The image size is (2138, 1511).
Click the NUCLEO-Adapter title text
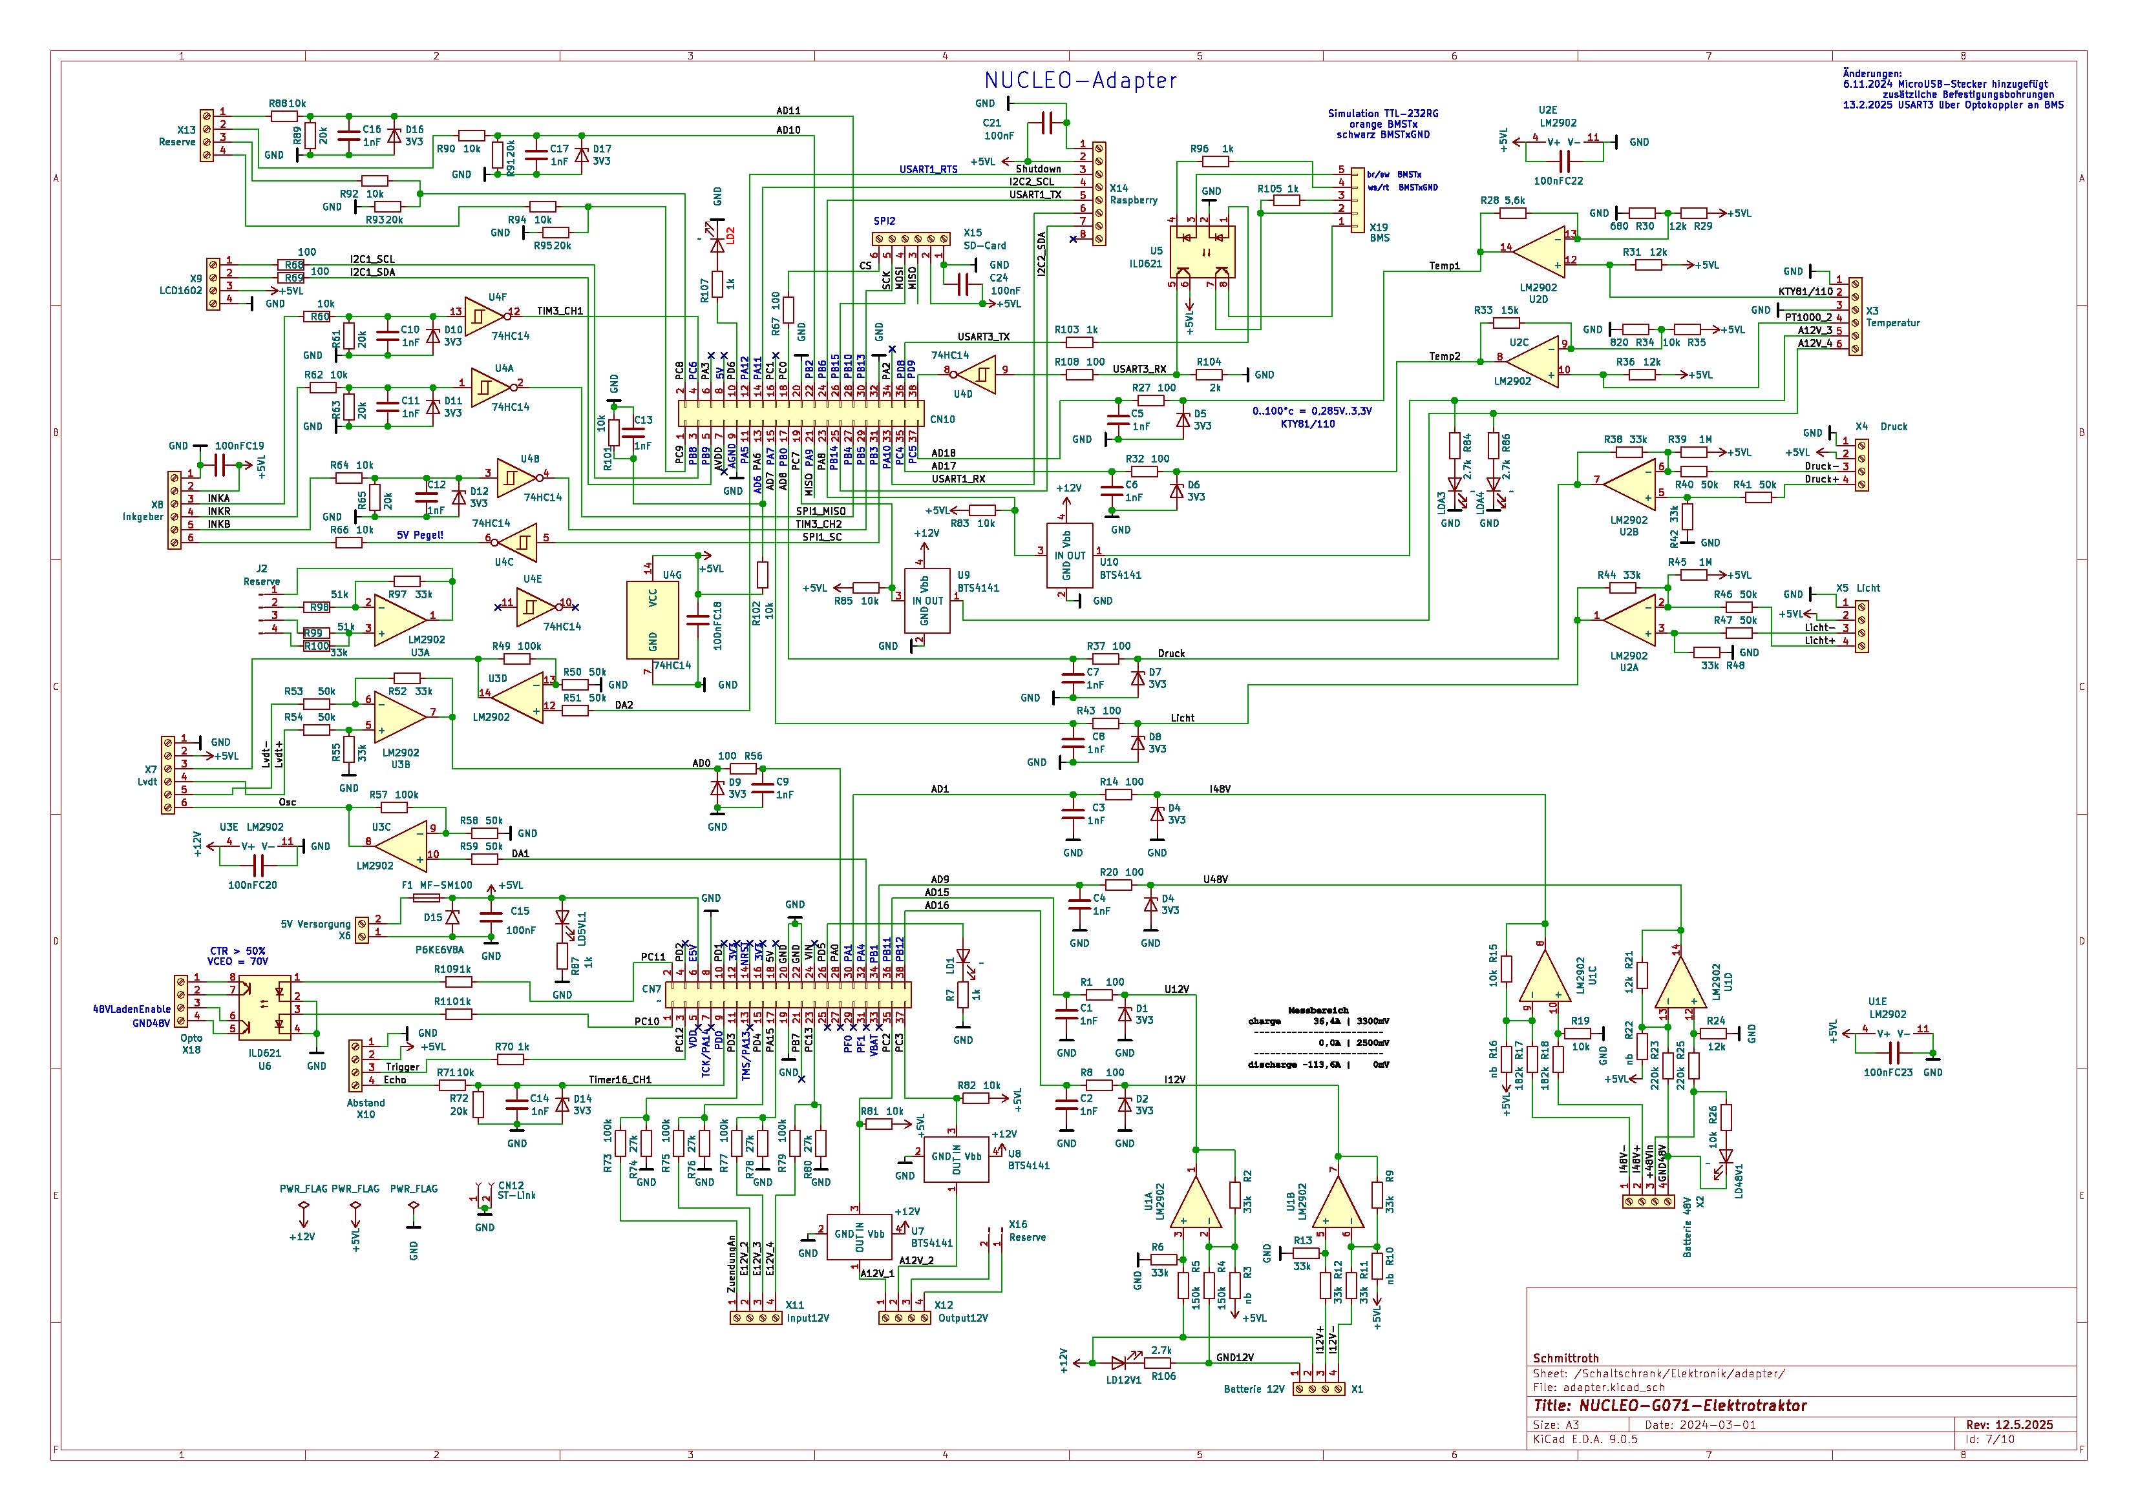point(1080,81)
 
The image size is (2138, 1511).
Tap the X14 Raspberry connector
point(1100,194)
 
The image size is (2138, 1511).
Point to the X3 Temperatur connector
point(1855,316)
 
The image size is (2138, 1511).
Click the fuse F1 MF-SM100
point(427,897)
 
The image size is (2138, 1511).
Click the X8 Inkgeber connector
point(174,511)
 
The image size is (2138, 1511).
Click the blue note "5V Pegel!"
point(420,536)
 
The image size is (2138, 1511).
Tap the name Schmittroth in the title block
point(1567,1359)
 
